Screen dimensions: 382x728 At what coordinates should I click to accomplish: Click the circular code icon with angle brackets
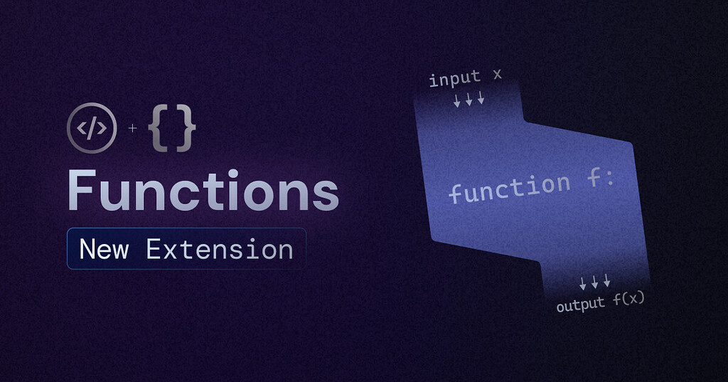coord(91,128)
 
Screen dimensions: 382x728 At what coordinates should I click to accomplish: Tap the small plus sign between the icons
coord(132,129)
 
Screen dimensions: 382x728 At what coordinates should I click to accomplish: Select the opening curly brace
coord(158,129)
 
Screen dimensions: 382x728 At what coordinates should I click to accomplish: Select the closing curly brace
coord(186,129)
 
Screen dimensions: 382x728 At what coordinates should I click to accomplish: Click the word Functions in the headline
coord(203,190)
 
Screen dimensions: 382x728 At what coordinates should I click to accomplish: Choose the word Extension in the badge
coord(220,249)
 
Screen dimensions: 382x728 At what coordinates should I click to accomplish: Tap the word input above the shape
coord(454,78)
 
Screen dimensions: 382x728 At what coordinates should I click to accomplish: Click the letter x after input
coord(496,75)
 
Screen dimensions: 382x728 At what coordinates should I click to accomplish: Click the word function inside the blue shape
coord(509,188)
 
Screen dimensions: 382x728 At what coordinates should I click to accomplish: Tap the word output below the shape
coord(580,305)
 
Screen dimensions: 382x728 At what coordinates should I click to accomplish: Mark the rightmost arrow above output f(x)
coord(606,282)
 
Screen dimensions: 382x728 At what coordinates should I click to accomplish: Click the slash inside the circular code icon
coord(91,128)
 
